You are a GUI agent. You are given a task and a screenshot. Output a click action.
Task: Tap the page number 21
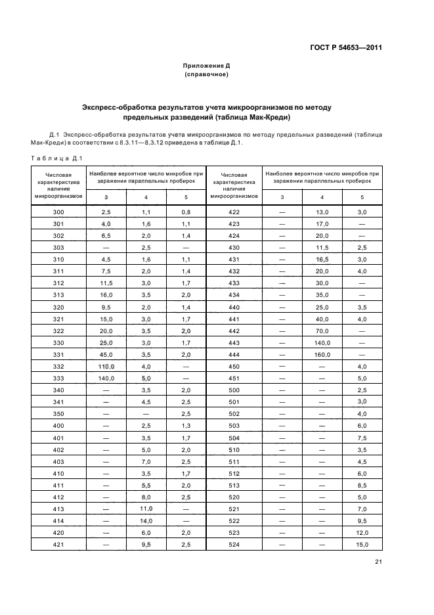[378, 560]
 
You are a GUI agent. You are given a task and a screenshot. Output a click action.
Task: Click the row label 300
[58, 212]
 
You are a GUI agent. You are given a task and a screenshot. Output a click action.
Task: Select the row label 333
[58, 378]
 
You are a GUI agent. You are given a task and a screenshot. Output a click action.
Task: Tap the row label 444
[234, 354]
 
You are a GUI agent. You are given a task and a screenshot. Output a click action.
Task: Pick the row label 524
[234, 544]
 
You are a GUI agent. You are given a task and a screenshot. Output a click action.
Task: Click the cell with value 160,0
[322, 354]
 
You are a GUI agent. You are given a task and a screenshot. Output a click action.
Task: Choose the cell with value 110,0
[106, 366]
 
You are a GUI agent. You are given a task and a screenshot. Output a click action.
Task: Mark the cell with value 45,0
[106, 354]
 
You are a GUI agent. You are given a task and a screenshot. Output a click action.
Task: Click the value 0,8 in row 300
[186, 212]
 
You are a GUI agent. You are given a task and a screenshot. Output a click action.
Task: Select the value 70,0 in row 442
[322, 330]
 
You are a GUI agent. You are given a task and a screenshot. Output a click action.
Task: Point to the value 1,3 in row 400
[186, 426]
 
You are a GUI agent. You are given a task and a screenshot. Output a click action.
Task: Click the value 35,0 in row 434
[322, 295]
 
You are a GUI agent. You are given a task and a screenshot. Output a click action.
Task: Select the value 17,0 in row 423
[322, 224]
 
